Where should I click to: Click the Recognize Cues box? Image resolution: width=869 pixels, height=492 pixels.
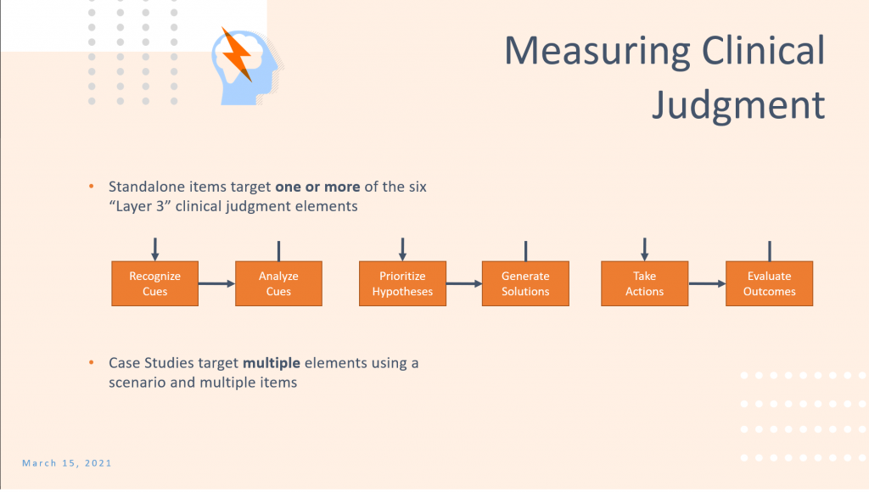[x=154, y=283]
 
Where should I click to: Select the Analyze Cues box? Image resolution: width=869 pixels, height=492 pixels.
[x=278, y=283]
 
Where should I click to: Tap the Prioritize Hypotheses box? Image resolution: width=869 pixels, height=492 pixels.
[x=402, y=283]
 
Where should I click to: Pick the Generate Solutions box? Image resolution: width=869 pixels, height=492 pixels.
[x=525, y=283]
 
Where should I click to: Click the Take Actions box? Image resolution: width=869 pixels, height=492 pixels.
[x=645, y=283]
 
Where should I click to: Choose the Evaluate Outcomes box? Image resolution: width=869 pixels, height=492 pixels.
[x=769, y=283]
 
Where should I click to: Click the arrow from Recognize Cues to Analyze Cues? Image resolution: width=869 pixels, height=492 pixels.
[x=216, y=283]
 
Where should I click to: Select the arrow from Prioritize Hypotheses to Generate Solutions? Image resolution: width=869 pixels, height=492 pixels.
[x=464, y=283]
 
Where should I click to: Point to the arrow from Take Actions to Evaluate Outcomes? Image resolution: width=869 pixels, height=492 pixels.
[x=707, y=283]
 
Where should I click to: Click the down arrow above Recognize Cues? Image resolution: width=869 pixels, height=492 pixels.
[x=155, y=249]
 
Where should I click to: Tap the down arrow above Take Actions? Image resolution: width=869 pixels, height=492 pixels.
[x=645, y=249]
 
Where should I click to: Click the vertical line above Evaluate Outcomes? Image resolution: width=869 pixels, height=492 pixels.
[x=770, y=251]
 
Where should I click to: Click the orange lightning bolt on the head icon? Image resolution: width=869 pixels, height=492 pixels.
[x=238, y=54]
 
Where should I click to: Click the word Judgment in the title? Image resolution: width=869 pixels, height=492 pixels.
[x=739, y=104]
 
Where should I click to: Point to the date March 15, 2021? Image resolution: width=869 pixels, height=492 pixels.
[x=67, y=463]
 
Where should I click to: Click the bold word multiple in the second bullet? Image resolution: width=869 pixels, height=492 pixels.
[x=272, y=363]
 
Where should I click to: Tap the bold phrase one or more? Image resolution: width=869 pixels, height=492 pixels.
[x=317, y=187]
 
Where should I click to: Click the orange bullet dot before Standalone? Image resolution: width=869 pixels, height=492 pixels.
[x=92, y=187]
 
